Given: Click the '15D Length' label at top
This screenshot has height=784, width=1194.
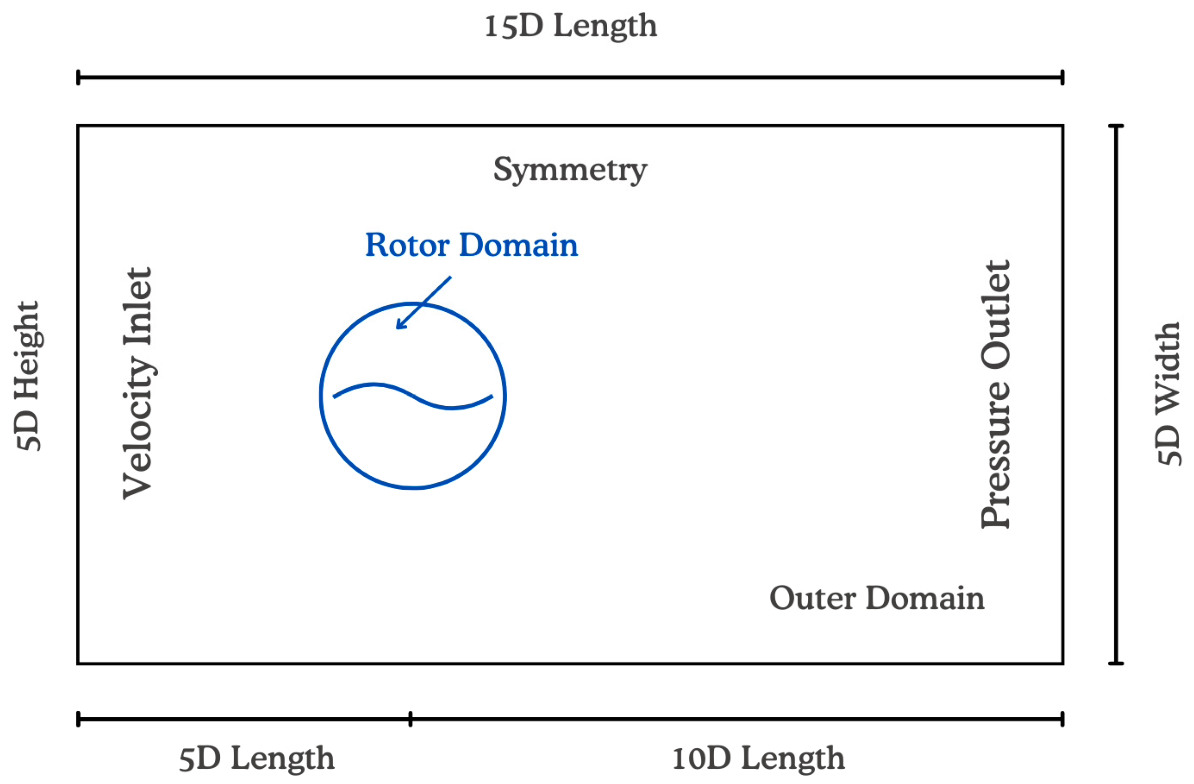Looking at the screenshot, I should pos(571,26).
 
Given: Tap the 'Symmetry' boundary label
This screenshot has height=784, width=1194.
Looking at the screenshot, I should pos(571,169).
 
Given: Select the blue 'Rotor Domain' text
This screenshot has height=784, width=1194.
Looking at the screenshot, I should pos(471,245).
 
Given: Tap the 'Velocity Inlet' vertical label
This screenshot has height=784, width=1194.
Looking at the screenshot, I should pos(137,383).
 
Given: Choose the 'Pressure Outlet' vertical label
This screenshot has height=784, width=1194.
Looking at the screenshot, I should pos(995,394).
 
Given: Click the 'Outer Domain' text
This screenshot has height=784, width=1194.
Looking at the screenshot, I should pos(877,598).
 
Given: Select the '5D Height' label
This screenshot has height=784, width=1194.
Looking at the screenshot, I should pos(27,376).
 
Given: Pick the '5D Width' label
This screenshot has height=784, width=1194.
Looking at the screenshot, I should pos(1168,394).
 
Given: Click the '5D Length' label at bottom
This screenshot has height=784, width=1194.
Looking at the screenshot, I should pos(256,758).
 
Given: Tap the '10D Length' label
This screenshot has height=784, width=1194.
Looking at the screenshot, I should pos(758,758).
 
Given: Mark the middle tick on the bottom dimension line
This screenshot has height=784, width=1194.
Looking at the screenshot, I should pos(410,719).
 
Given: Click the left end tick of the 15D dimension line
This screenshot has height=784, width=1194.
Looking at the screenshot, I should pos(78,78).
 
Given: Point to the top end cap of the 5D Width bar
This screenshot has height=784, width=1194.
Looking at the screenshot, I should pos(1116,125).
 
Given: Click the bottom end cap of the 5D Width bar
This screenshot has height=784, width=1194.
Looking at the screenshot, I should pos(1116,664).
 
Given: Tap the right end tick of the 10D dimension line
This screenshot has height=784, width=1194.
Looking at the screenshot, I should pos(1062,719).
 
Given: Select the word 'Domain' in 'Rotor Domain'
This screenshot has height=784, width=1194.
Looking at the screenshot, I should pos(518,245).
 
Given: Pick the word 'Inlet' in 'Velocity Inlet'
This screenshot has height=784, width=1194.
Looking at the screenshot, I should pos(137,307).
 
